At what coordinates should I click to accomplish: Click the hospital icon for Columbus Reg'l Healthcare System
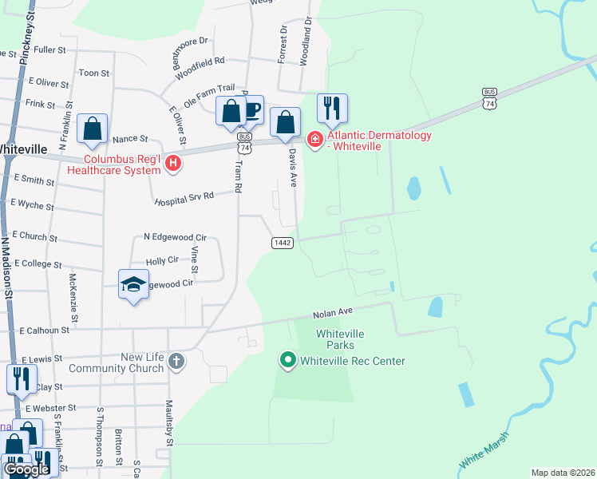(x=175, y=164)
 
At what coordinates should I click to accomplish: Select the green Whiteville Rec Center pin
(x=288, y=361)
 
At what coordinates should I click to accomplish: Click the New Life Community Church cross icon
(x=176, y=362)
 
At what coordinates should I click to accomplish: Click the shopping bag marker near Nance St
(x=92, y=129)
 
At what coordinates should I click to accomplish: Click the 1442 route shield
(x=283, y=243)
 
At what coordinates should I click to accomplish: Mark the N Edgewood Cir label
(x=175, y=237)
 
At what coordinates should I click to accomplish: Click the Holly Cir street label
(x=162, y=261)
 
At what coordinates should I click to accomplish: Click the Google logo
(x=27, y=469)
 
